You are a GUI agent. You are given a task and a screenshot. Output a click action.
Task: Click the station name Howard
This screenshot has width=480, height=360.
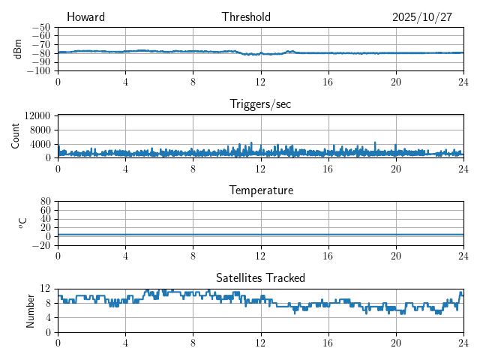click(85, 17)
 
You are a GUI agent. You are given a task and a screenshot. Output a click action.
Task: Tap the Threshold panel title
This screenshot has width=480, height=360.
click(246, 17)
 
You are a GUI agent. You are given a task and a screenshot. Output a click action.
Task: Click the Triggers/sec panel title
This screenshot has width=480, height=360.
click(260, 104)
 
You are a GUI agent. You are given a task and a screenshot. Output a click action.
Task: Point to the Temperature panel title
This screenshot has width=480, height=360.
click(260, 190)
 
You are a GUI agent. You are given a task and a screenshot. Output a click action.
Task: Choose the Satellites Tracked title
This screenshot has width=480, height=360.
click(260, 277)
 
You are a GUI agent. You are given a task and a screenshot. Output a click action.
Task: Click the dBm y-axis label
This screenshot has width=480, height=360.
click(17, 49)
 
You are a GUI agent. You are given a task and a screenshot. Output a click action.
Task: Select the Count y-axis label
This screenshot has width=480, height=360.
click(16, 136)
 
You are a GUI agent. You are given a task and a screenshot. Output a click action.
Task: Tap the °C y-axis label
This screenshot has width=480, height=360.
click(22, 223)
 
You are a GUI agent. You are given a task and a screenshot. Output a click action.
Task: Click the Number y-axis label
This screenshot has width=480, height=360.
click(30, 310)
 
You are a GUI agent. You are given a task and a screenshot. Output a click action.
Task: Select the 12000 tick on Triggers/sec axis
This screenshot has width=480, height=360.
click(37, 115)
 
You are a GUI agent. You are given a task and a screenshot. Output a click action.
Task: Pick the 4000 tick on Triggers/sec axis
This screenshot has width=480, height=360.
click(40, 144)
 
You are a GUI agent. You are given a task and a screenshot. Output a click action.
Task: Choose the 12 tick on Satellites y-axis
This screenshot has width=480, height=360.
click(46, 289)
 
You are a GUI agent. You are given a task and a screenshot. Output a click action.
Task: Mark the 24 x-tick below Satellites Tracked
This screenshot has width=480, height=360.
click(463, 342)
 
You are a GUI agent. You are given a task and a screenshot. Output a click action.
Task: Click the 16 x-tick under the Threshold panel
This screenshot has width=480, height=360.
click(328, 81)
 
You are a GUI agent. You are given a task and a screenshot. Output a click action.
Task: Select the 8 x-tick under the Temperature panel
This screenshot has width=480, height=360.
click(193, 255)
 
